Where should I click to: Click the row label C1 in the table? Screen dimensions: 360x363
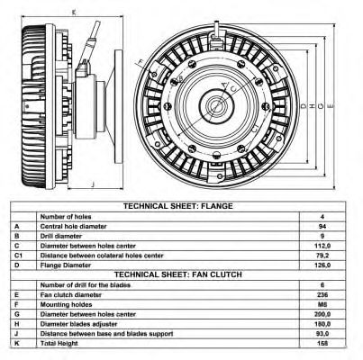(18, 256)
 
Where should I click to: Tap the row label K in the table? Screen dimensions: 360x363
(17, 343)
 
